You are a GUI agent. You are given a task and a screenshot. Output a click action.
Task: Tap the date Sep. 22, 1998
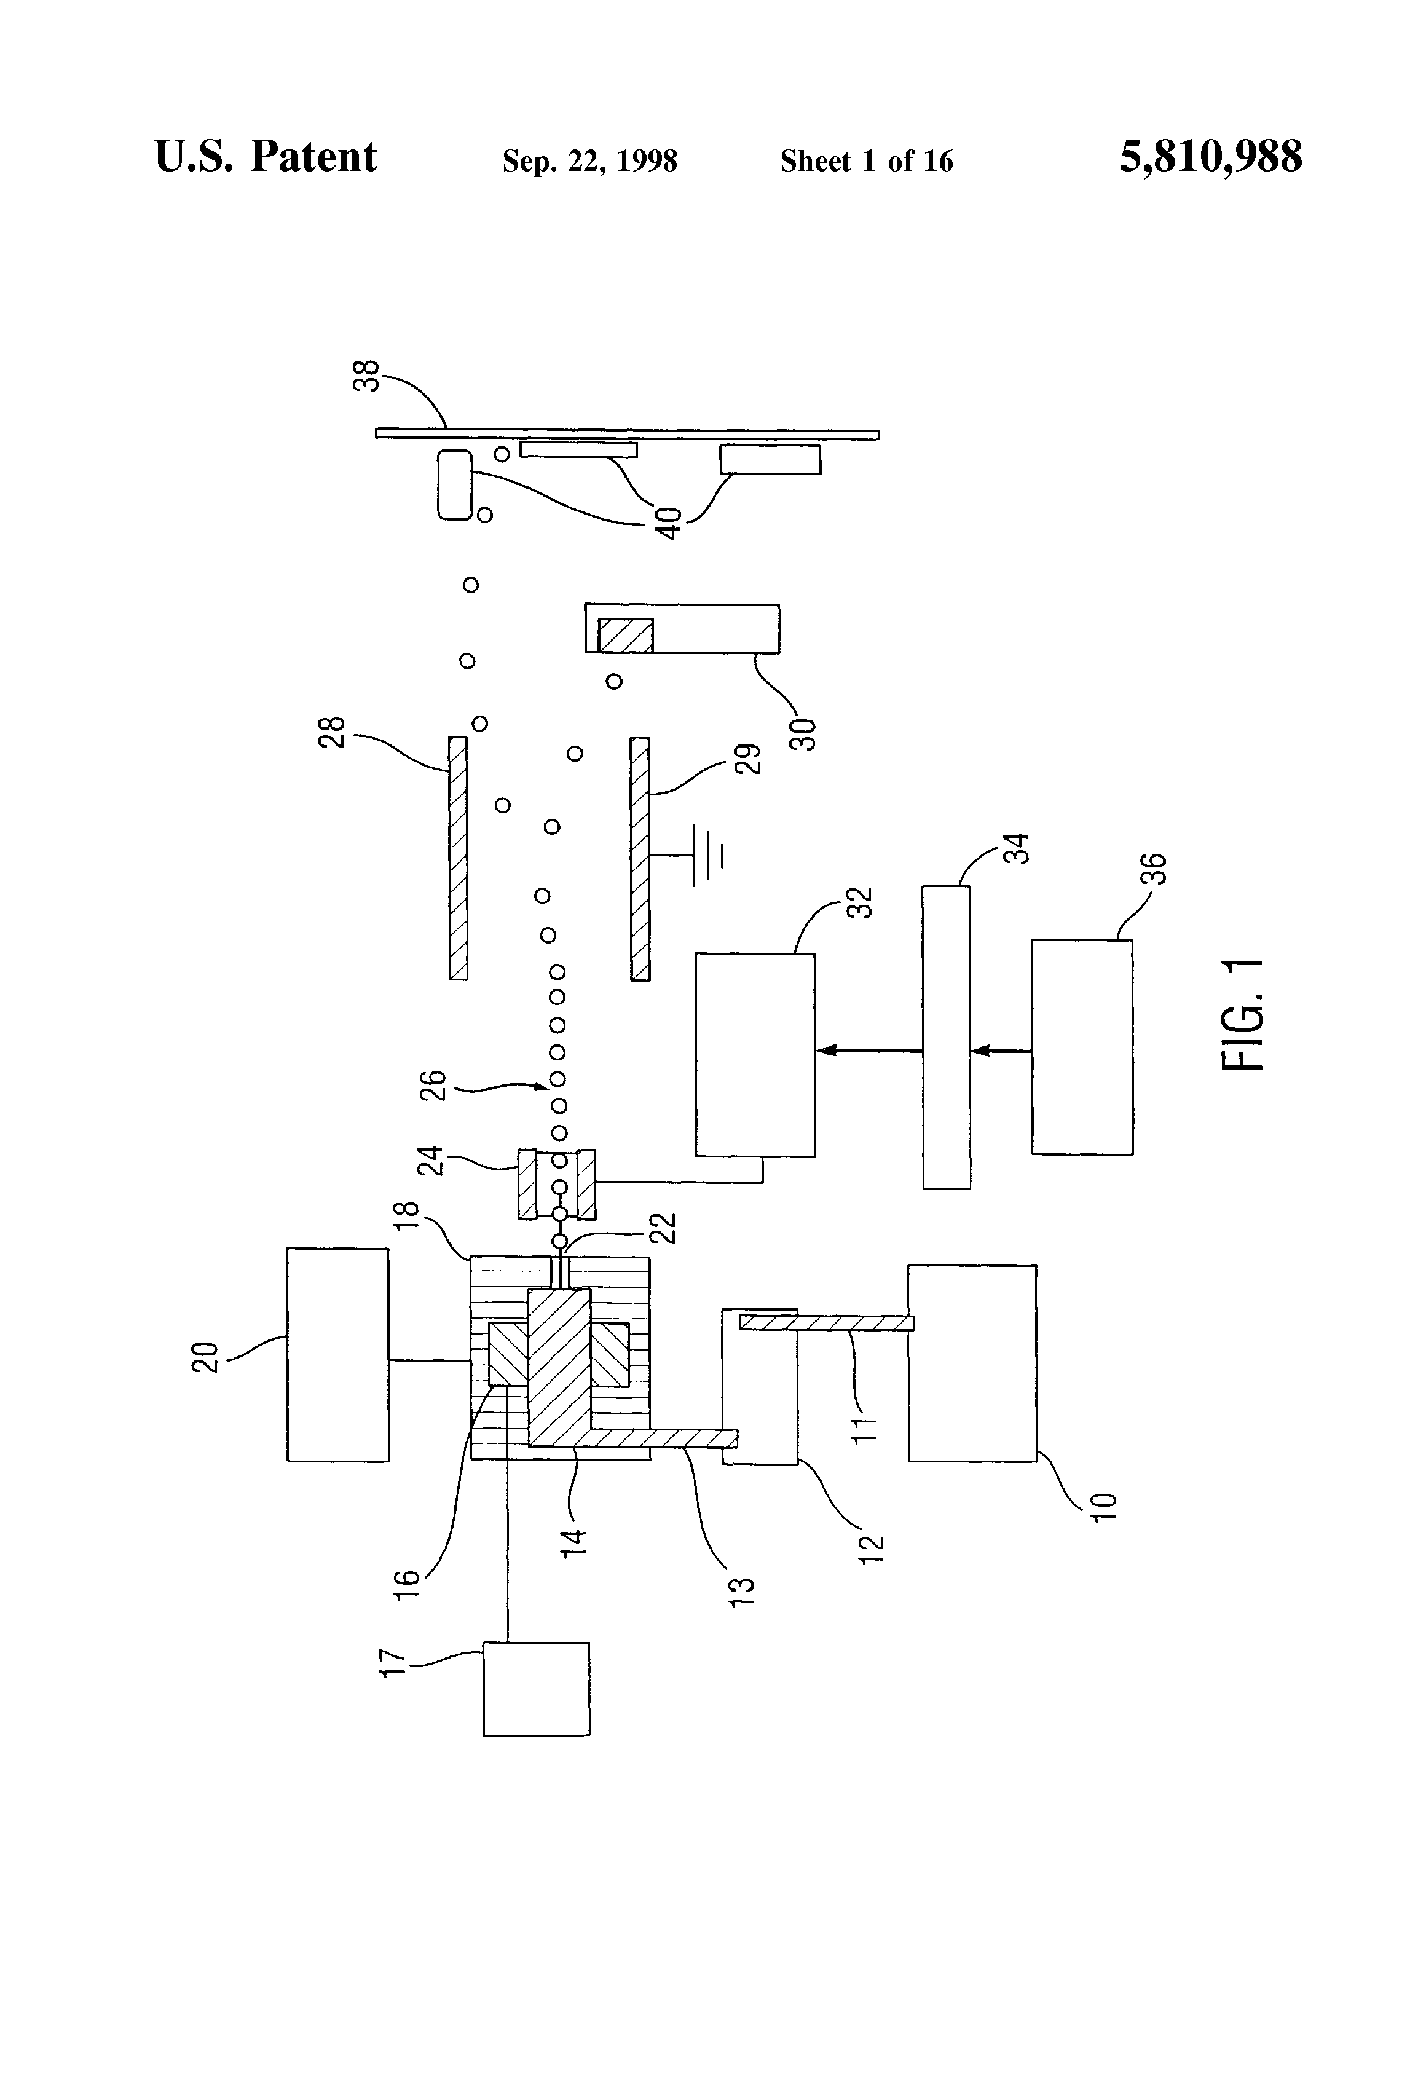tap(589, 161)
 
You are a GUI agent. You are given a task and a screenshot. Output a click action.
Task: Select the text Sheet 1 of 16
tap(866, 161)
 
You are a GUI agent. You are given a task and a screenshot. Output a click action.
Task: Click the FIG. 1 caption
tap(1243, 1015)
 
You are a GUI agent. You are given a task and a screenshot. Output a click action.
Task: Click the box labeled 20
tap(338, 1354)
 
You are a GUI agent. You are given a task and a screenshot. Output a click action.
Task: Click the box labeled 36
tap(1082, 1047)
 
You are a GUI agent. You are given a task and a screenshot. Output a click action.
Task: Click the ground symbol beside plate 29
tap(709, 856)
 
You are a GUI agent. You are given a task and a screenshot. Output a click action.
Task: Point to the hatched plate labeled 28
tap(458, 858)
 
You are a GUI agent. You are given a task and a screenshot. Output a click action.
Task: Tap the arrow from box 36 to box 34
tap(1001, 1050)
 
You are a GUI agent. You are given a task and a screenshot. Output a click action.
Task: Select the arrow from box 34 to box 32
tap(869, 1050)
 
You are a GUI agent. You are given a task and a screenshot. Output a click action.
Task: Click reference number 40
tap(669, 524)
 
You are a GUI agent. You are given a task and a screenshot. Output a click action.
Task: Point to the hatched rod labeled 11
tap(827, 1322)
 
